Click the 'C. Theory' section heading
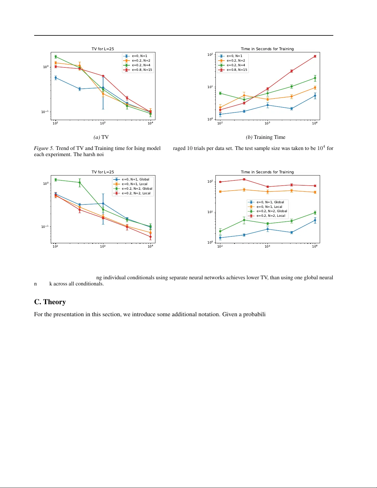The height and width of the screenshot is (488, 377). tap(50, 302)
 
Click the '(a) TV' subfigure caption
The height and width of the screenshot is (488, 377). tap(101, 137)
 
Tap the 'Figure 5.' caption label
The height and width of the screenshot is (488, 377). tap(44, 148)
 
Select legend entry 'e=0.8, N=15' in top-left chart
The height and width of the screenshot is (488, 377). tap(142, 70)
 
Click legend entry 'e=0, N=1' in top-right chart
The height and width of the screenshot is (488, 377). tap(234, 56)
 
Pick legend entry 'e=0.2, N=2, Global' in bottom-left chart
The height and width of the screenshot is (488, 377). tap(137, 189)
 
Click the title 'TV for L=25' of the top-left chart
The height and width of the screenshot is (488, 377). tap(103, 49)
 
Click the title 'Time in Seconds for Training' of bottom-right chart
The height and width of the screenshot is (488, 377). tap(267, 172)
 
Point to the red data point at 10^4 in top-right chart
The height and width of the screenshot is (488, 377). tap(315, 56)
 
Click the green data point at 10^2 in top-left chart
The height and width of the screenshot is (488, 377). tap(56, 57)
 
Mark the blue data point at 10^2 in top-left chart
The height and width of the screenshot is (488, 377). tap(56, 78)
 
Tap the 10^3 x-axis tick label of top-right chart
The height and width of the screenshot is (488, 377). tap(267, 123)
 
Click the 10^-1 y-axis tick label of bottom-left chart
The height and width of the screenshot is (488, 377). tap(45, 227)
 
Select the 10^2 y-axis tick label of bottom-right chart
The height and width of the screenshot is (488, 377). tap(210, 182)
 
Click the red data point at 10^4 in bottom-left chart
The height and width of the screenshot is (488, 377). tap(150, 237)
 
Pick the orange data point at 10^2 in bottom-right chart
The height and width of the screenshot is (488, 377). tap(220, 192)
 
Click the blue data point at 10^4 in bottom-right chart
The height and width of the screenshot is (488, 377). tap(315, 220)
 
